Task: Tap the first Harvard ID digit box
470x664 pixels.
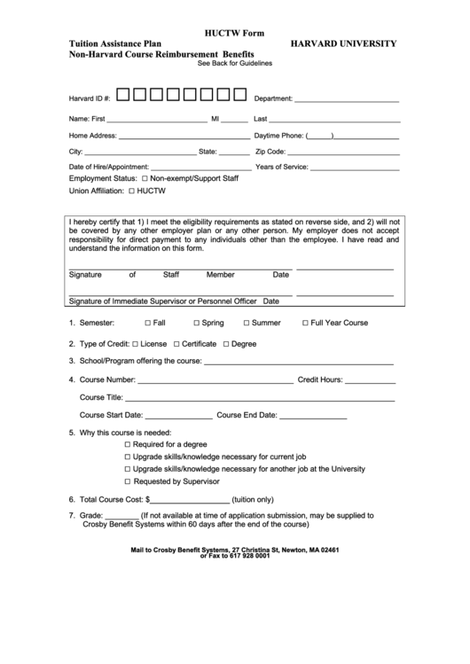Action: (x=124, y=95)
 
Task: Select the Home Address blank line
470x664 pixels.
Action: (x=184, y=138)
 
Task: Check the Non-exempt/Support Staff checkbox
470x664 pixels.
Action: (x=145, y=178)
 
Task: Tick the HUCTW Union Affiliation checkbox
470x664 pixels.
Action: (x=131, y=191)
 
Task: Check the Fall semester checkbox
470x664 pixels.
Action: (x=147, y=323)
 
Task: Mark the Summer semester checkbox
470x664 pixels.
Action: (x=246, y=323)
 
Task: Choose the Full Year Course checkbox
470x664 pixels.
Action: (x=305, y=323)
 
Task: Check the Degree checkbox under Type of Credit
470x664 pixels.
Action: (x=226, y=343)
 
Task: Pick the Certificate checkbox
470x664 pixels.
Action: (x=176, y=343)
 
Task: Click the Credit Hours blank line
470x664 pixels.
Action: (x=371, y=383)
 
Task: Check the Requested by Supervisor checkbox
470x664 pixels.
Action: (x=128, y=481)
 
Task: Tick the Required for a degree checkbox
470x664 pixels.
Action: (x=128, y=444)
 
